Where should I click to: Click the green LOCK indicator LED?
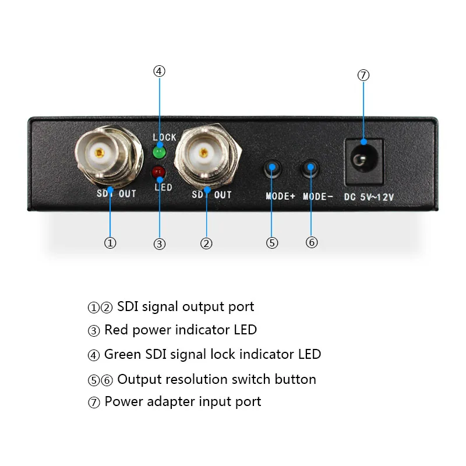tap(158, 153)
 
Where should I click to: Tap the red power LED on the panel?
tap(158, 172)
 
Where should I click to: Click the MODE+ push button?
tap(273, 169)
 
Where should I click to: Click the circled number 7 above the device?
tap(363, 75)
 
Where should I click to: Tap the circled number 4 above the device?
tap(159, 71)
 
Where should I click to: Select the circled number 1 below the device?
tap(110, 242)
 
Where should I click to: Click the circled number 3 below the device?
tap(160, 244)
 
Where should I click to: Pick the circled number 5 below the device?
tap(272, 242)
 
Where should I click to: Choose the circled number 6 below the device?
tap(312, 242)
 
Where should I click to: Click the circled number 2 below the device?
tap(206, 243)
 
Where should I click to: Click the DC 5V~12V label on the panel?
tap(369, 197)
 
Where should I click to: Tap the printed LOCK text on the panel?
tap(164, 137)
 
